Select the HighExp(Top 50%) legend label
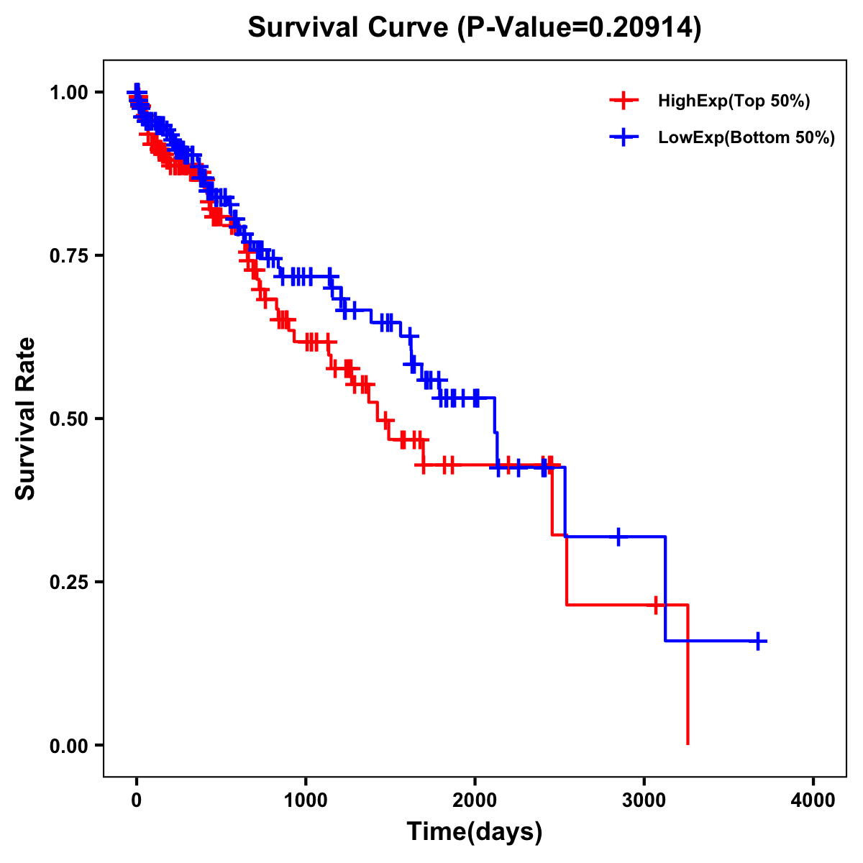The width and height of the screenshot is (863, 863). (x=734, y=101)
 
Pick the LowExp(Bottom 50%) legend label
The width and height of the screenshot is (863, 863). (x=746, y=137)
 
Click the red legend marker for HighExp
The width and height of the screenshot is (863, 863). (x=624, y=101)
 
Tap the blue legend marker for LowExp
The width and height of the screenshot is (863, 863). (x=624, y=137)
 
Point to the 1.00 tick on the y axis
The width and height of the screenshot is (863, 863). (x=68, y=92)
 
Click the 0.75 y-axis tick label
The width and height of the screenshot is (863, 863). (x=68, y=255)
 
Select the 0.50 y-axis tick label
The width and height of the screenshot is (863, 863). (x=68, y=419)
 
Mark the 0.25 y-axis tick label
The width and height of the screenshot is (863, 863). (x=68, y=582)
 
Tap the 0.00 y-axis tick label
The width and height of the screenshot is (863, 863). (x=68, y=745)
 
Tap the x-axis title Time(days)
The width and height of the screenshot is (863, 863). (x=475, y=832)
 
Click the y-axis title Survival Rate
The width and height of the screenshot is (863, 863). (x=26, y=419)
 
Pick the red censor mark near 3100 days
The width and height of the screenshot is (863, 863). (x=656, y=605)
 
